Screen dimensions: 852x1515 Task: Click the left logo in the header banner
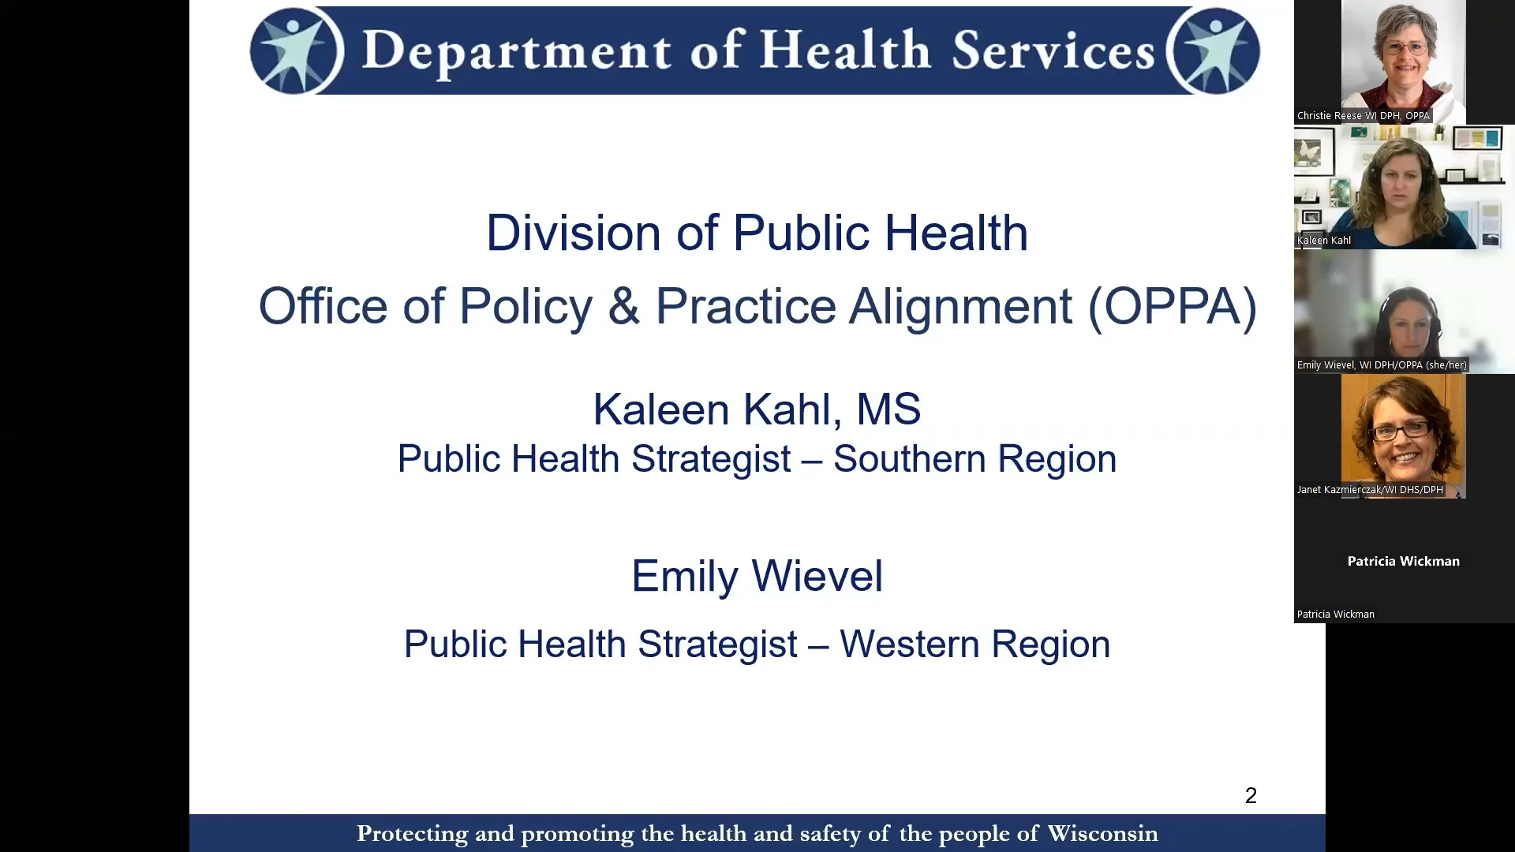(297, 50)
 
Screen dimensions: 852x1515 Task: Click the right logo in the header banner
(1213, 50)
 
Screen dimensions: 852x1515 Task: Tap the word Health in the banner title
(845, 50)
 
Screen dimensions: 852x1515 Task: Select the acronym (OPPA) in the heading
(1172, 306)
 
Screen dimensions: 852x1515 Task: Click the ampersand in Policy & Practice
(623, 306)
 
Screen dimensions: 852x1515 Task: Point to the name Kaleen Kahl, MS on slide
(757, 409)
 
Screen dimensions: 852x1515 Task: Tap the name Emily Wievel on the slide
(757, 576)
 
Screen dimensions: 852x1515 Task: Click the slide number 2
(1251, 795)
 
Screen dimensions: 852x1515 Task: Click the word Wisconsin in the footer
(1102, 834)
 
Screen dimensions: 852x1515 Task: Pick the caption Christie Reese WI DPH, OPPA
(1363, 116)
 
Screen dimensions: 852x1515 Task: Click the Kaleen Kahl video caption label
(1324, 241)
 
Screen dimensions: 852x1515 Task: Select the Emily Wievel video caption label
(1382, 365)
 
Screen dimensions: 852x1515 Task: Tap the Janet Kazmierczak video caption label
(1370, 490)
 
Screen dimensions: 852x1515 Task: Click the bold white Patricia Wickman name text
(1403, 562)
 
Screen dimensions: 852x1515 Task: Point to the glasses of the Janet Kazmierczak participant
(1401, 431)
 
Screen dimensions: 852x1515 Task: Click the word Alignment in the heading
(960, 306)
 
